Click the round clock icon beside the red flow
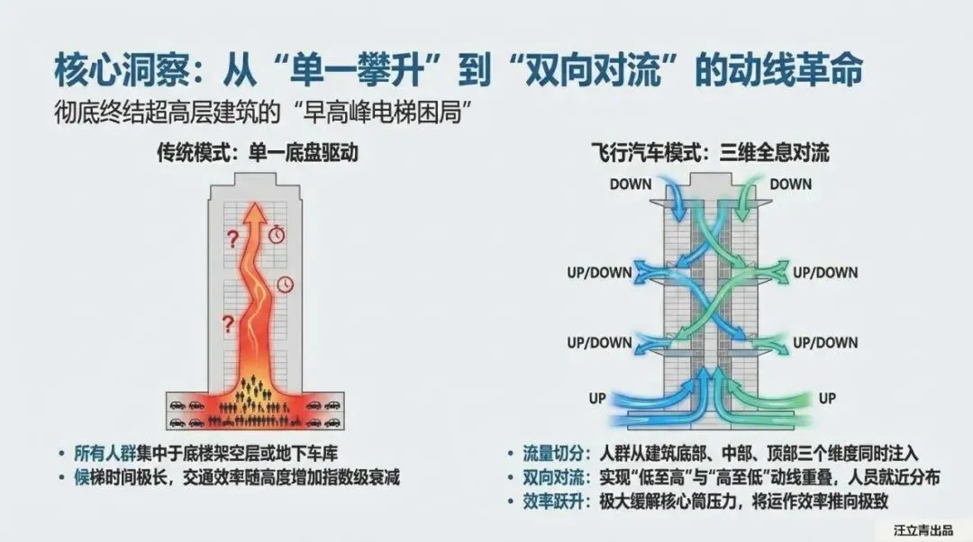pos(286,284)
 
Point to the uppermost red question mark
pos(232,239)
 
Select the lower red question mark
pos(228,321)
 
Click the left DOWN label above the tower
pos(631,185)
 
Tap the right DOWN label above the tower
pos(790,185)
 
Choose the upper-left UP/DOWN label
pos(599,272)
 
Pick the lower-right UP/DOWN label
pos(824,342)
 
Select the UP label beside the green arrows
pos(826,397)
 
